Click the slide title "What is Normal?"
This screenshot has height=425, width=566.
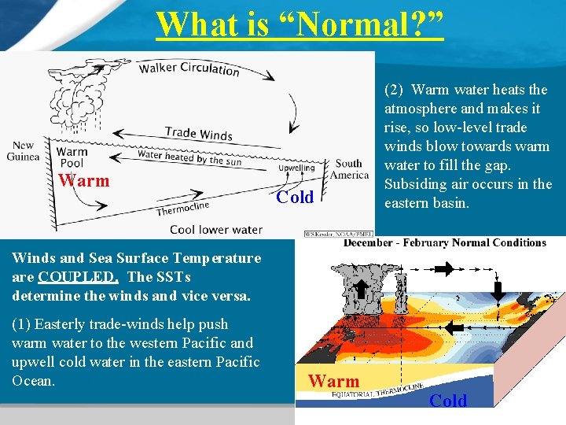(x=300, y=24)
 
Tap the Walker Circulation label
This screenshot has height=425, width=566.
(x=189, y=68)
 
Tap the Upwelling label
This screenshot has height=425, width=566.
(x=297, y=168)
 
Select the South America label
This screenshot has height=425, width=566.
(x=350, y=169)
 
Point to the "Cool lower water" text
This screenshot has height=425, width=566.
(x=216, y=229)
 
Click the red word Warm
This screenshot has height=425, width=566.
(x=84, y=180)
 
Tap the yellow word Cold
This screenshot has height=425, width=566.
(x=295, y=197)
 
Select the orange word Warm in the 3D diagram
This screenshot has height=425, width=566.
(x=334, y=382)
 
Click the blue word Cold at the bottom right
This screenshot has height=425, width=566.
(x=448, y=401)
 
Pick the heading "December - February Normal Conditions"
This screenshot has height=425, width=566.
(x=444, y=242)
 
